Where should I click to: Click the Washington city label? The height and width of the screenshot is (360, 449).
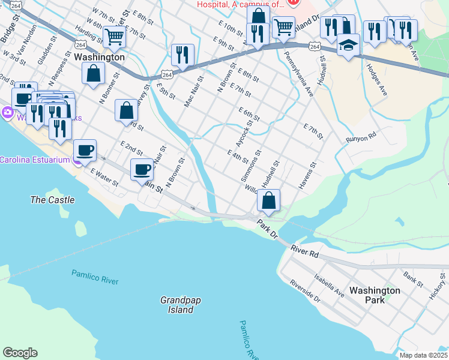(100, 57)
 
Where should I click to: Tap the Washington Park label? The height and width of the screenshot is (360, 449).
(375, 295)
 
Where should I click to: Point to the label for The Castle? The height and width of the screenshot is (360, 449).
(53, 200)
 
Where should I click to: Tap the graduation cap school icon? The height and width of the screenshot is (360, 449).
(348, 46)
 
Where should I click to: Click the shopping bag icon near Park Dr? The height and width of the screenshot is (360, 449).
(269, 201)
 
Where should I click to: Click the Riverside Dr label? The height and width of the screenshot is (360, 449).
(305, 290)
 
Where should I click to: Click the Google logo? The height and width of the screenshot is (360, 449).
(20, 353)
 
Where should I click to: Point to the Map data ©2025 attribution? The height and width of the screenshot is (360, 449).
(423, 355)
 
